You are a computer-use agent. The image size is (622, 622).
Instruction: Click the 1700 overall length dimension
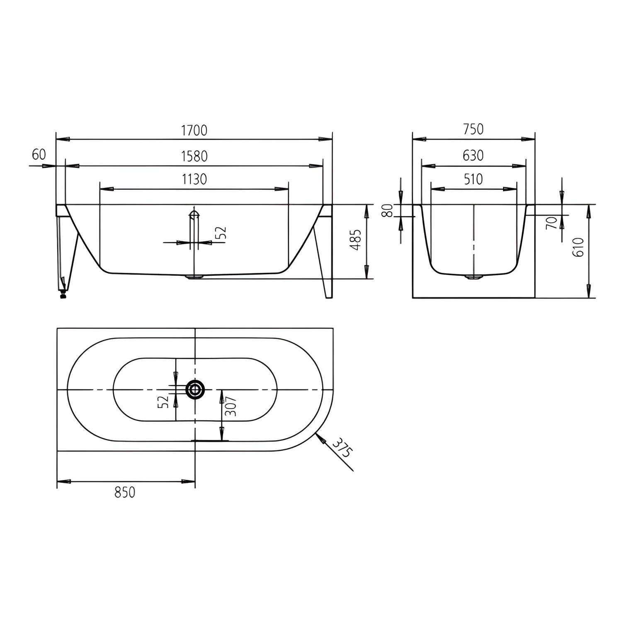(x=194, y=130)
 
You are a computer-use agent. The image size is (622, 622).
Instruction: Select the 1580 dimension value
(x=194, y=156)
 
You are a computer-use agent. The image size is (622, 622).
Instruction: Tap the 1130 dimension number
(x=194, y=179)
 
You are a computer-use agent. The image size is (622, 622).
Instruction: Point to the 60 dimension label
(x=39, y=155)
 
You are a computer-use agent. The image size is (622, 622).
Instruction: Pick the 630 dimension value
(x=473, y=155)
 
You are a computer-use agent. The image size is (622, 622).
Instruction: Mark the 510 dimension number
(x=473, y=179)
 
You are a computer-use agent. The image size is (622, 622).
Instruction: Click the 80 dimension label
(x=387, y=210)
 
